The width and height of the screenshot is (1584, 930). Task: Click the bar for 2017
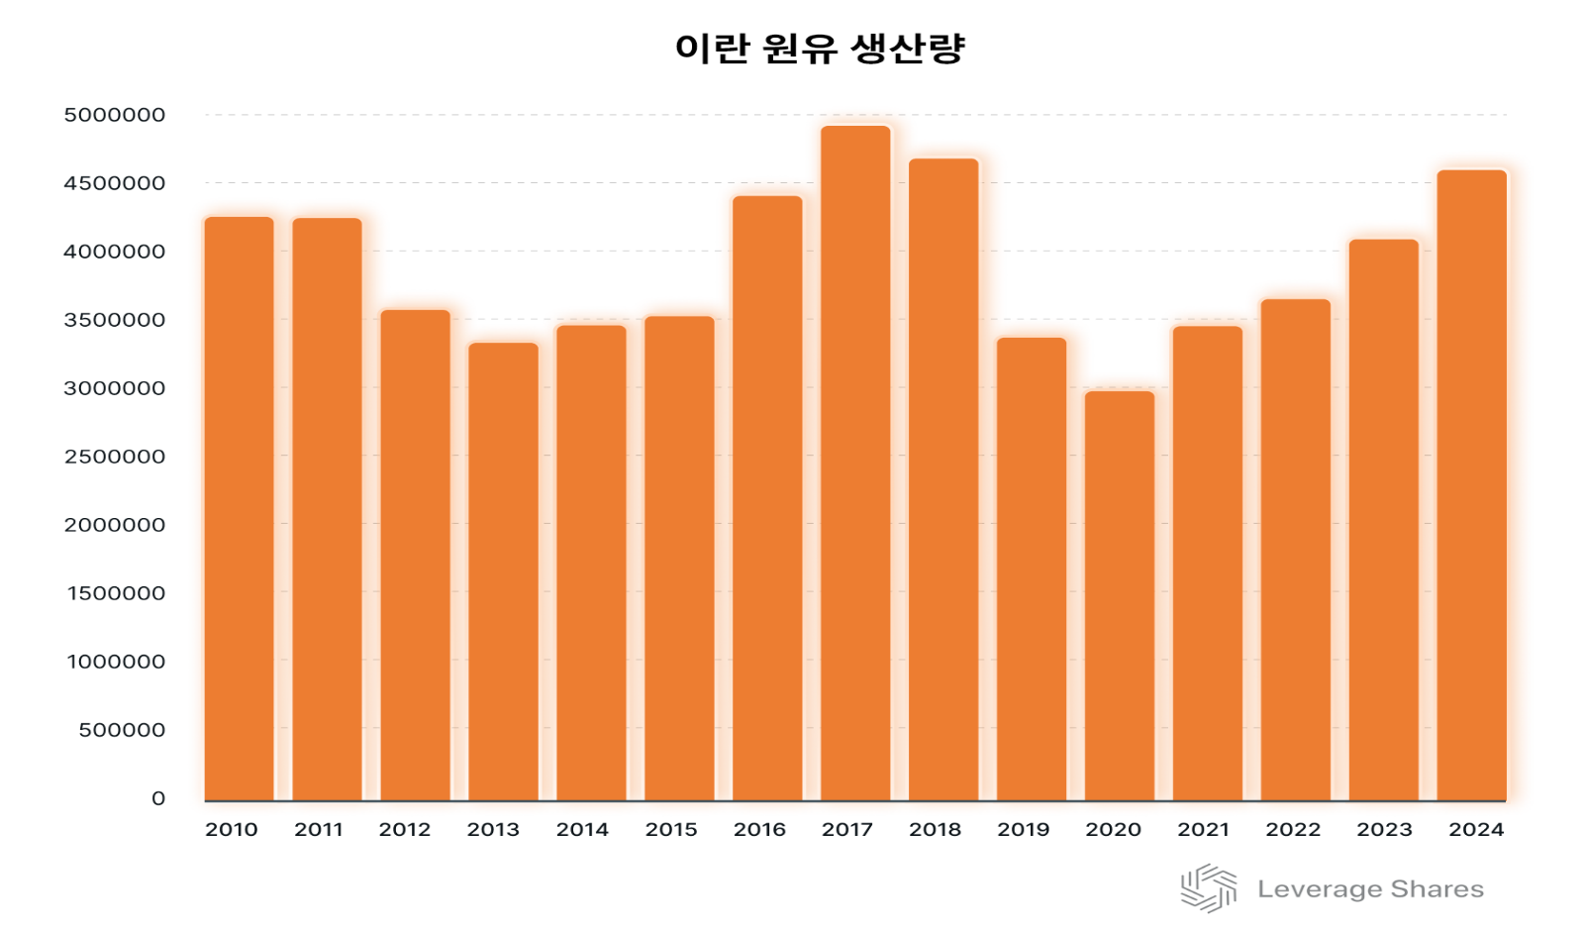point(855,464)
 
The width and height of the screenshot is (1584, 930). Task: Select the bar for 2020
point(1120,595)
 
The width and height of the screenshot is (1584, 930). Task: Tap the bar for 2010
point(239,508)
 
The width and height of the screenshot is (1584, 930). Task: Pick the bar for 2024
point(1472,485)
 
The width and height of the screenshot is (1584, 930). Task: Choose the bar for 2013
point(503,571)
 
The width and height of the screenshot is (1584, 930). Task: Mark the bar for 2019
point(1032,568)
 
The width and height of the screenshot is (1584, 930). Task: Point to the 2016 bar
point(767,498)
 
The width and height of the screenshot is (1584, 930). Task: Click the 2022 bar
point(1296,550)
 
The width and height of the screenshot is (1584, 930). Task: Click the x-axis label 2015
point(671,830)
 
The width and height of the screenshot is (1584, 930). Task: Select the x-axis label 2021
point(1203,830)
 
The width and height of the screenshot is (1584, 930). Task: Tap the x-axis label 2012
point(405,830)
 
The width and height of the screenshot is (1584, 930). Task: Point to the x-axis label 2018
point(936,830)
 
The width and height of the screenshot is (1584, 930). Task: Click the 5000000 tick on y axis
point(115,116)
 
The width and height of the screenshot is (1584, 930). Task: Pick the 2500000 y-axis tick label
point(115,458)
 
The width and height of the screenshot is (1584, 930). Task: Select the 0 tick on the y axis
point(158,799)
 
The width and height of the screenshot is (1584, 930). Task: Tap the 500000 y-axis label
point(123,731)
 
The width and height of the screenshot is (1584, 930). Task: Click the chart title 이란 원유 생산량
point(820,49)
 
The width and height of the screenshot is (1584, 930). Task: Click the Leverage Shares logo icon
point(1209,888)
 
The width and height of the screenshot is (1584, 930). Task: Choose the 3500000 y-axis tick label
point(115,321)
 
